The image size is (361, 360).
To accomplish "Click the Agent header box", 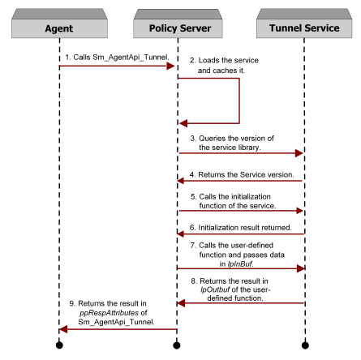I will [x=59, y=28].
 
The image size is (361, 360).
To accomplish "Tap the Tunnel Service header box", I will [x=305, y=28].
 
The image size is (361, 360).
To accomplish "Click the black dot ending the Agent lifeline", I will [x=59, y=345].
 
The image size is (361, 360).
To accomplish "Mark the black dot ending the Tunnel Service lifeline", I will [x=305, y=345].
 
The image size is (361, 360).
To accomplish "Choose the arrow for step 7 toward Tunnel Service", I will [x=240, y=268].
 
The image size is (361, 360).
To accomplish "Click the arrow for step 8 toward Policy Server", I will [x=240, y=303].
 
